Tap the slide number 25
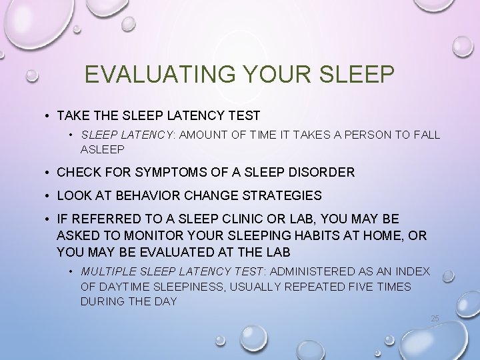(435, 319)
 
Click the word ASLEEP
(102, 149)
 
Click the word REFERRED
(103, 219)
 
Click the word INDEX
(414, 272)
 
